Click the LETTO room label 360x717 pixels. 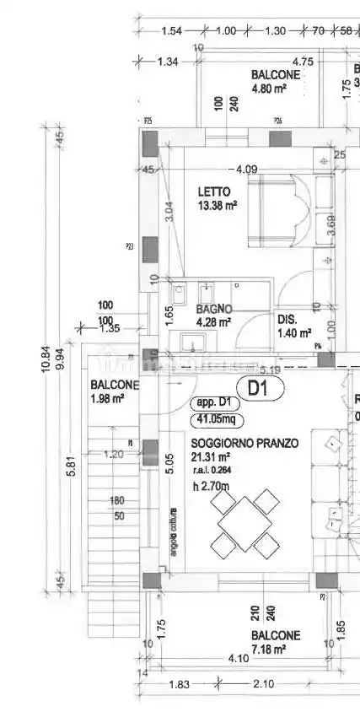[x=214, y=191]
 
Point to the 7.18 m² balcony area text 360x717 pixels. [x=270, y=649]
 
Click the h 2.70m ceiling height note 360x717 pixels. [x=211, y=486]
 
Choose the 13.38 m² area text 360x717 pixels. [x=218, y=205]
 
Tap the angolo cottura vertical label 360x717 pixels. [x=174, y=533]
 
